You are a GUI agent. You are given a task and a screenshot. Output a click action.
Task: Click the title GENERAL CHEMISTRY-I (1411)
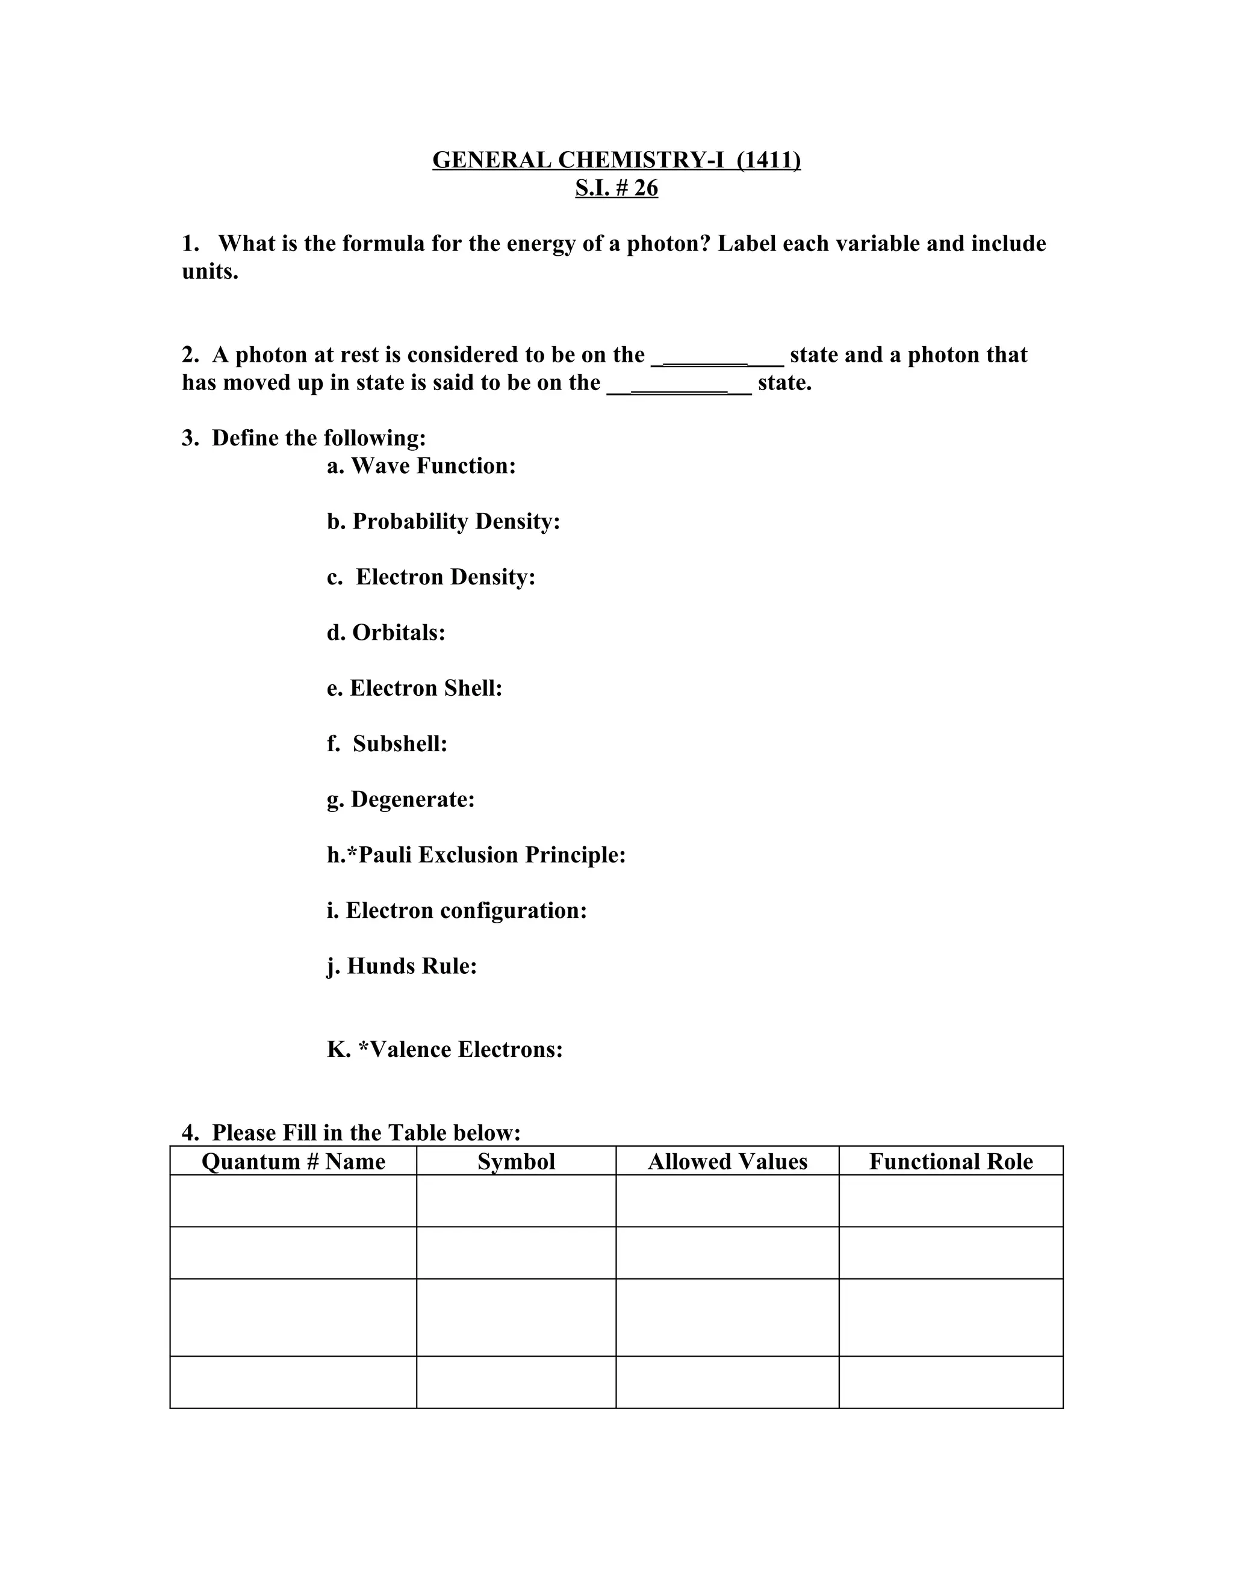pos(616,160)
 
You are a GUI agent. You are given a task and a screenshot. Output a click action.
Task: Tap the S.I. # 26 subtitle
pos(616,188)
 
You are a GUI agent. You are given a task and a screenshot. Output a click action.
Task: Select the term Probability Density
pos(456,521)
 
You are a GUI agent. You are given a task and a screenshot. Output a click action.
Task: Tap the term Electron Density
pos(445,577)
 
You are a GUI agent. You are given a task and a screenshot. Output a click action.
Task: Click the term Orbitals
pos(398,633)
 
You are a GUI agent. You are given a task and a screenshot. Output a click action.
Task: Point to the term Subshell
pos(400,743)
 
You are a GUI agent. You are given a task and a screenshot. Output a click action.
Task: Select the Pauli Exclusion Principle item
pos(492,855)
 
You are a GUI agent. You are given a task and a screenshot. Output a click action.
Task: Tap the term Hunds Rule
pos(411,966)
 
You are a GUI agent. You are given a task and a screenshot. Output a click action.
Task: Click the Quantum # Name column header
pos(293,1161)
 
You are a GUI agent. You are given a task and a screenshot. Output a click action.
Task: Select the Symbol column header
pos(516,1161)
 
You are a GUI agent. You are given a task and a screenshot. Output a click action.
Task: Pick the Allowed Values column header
pos(727,1161)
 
